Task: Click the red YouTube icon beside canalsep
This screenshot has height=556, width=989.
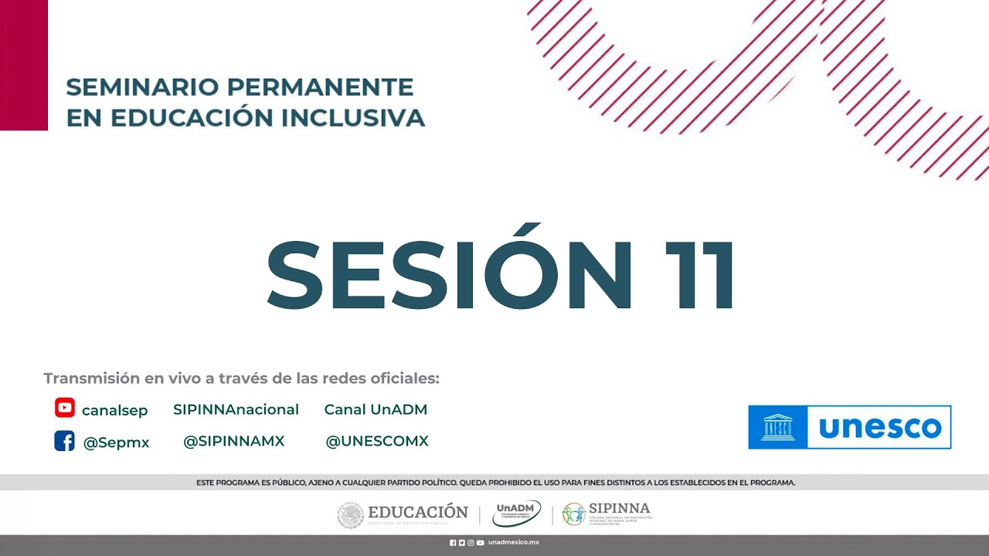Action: (65, 408)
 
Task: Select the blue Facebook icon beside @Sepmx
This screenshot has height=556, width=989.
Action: (64, 441)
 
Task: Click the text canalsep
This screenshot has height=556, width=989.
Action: (114, 410)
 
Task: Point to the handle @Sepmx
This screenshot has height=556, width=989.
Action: (116, 442)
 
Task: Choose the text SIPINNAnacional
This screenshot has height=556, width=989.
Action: (236, 409)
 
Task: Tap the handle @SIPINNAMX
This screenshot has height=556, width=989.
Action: (233, 441)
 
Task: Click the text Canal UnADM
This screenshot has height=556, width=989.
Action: (376, 409)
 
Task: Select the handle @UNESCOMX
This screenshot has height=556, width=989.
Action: (377, 441)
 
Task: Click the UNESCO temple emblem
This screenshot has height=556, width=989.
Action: (778, 427)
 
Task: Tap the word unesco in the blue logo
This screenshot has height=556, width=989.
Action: (879, 427)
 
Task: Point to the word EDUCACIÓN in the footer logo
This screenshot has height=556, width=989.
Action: (418, 511)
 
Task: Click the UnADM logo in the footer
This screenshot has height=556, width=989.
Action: (516, 513)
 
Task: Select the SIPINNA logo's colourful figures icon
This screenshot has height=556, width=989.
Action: (573, 514)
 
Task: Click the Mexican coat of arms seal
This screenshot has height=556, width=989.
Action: (350, 515)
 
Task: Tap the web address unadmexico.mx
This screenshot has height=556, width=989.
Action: (513, 543)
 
